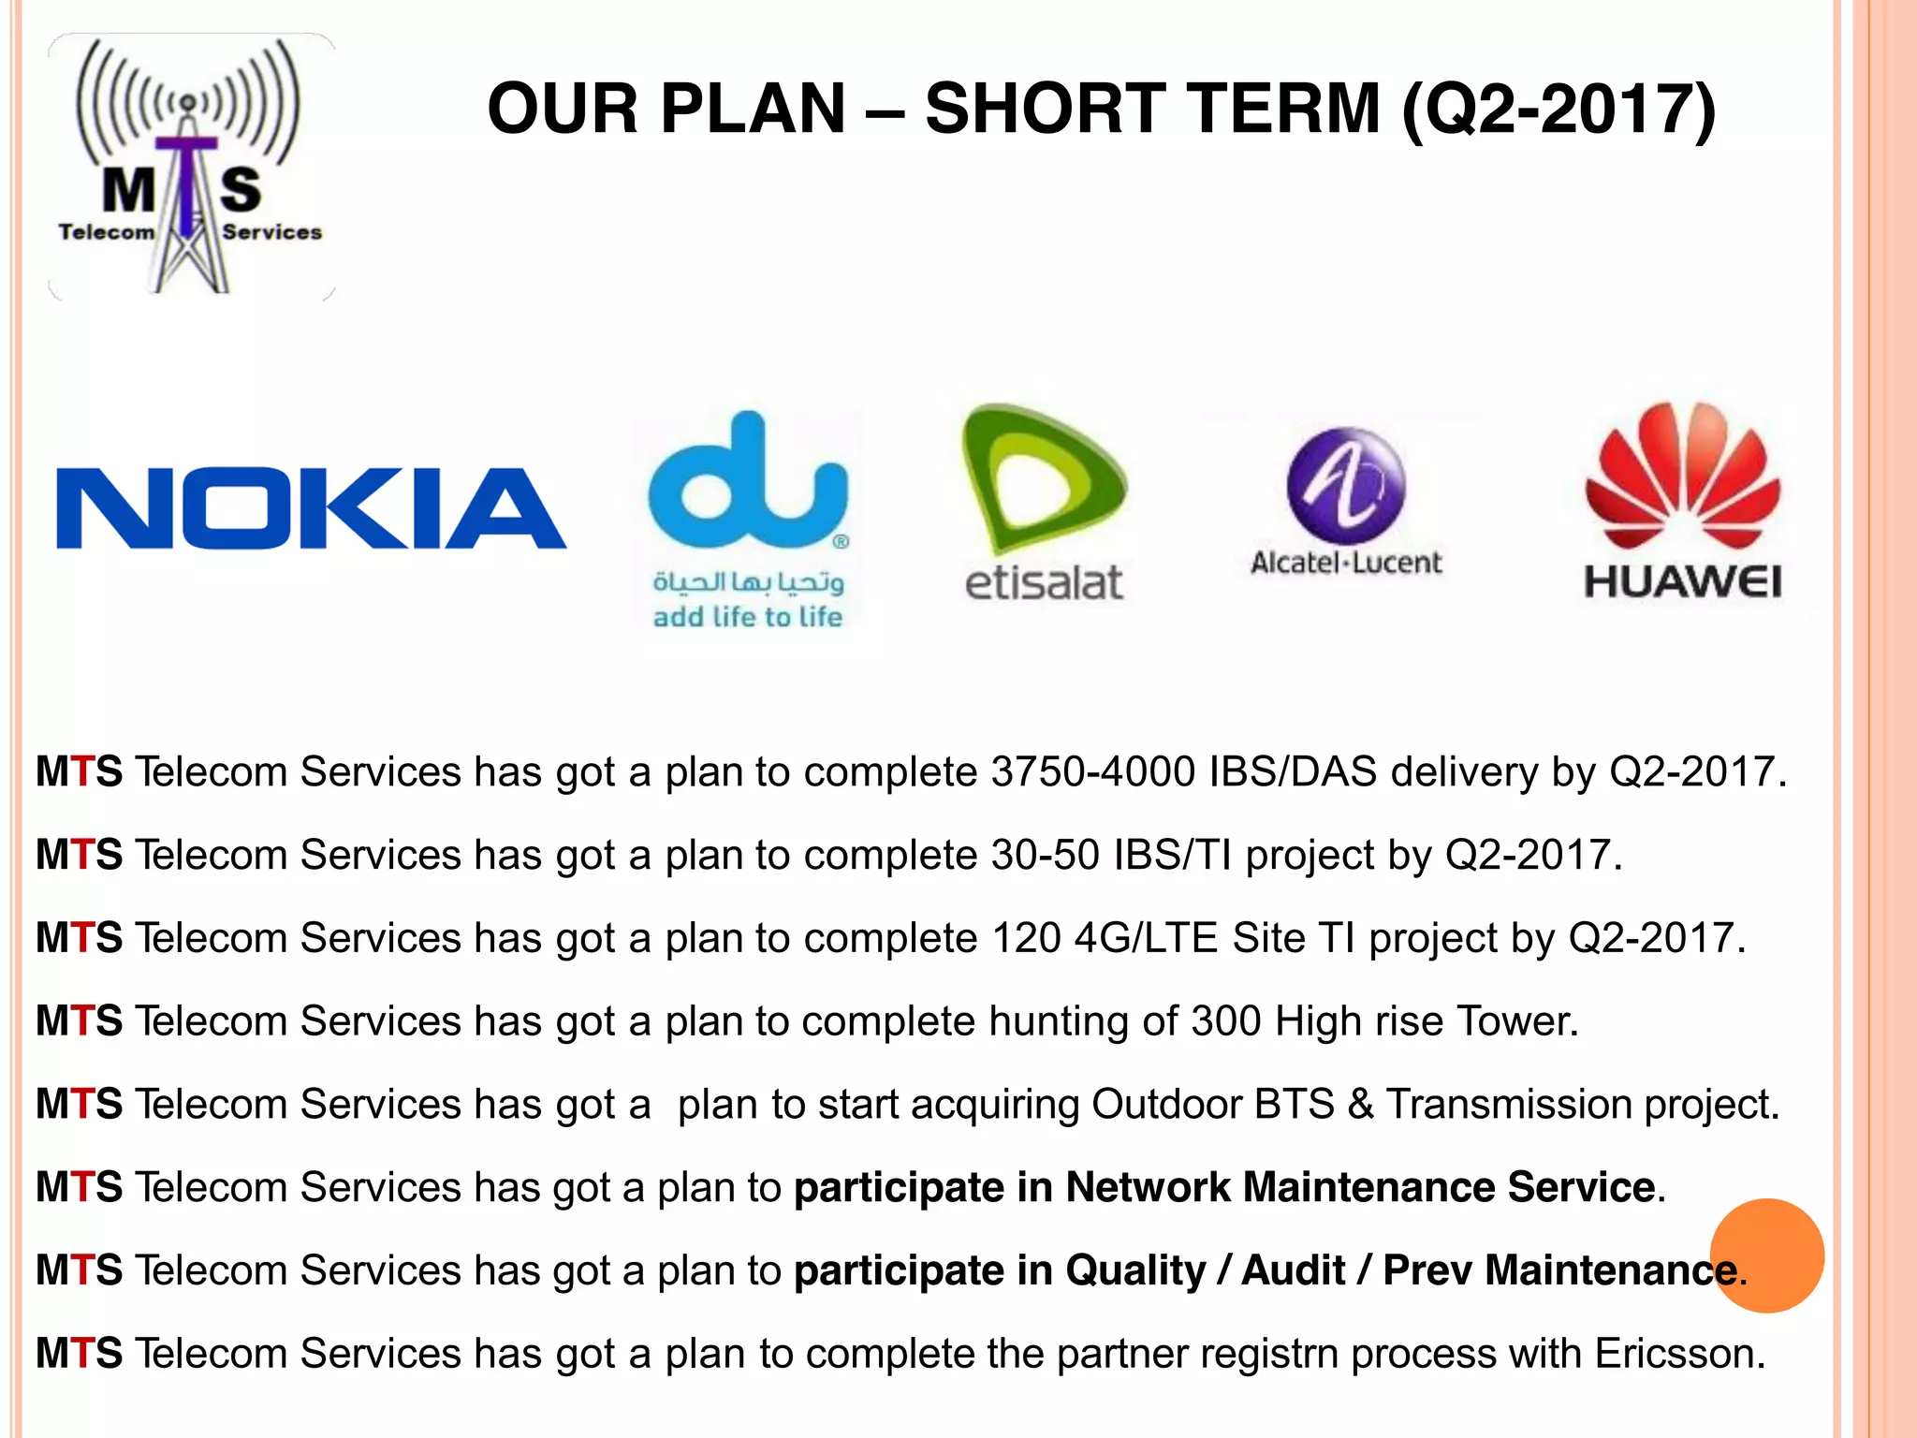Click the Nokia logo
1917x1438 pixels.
pyautogui.click(x=311, y=507)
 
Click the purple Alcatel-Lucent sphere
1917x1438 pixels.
pyautogui.click(x=1346, y=486)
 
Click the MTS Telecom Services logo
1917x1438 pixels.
pyautogui.click(x=191, y=167)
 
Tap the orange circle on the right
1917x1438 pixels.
pyautogui.click(x=1766, y=1255)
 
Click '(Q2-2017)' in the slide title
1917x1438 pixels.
pyautogui.click(x=1558, y=109)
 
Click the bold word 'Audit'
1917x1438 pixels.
pyautogui.click(x=1293, y=1270)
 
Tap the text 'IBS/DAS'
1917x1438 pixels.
pyautogui.click(x=1293, y=772)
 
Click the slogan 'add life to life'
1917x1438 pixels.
pyautogui.click(x=747, y=618)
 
